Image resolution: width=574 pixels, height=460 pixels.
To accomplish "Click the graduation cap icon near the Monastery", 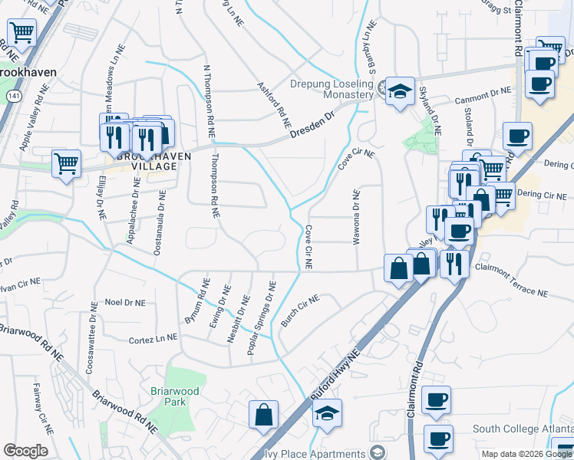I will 399,92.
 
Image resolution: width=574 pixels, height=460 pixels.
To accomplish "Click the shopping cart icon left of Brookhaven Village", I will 66,163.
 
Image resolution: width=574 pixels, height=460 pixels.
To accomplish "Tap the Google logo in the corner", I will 25,451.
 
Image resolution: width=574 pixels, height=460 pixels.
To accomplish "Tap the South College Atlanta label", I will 522,428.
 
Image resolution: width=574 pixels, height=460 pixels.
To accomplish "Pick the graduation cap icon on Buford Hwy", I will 327,413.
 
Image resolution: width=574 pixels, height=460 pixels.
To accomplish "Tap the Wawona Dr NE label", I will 356,218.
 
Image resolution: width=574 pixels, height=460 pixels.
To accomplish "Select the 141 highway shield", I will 12,95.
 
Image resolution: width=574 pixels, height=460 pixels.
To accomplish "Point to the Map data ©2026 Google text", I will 526,454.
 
